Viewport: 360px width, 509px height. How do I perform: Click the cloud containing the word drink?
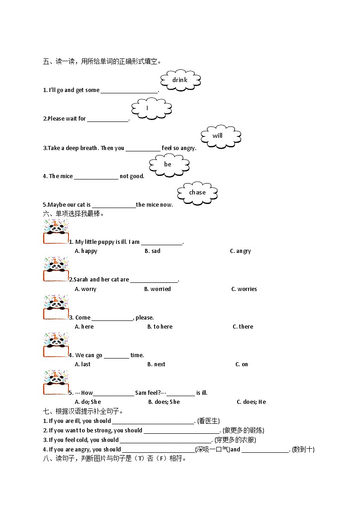[180, 80]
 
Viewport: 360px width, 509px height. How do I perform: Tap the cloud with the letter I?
[151, 108]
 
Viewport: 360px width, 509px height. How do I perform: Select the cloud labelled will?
[220, 136]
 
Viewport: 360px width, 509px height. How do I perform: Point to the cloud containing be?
[169, 164]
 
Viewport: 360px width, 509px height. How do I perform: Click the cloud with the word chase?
[197, 193]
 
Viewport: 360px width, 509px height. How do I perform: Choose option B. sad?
[152, 251]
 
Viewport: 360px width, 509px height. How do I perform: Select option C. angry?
[240, 251]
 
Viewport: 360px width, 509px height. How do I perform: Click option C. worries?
[244, 289]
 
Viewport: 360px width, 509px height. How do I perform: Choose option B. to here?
[160, 327]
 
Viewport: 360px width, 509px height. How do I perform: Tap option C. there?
[243, 327]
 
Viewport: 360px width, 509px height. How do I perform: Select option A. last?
[83, 364]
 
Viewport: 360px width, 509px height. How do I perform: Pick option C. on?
[242, 364]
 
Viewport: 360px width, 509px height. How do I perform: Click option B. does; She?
[164, 402]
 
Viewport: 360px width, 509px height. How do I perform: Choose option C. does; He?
[251, 402]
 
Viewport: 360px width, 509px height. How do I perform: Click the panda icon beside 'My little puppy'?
[55, 232]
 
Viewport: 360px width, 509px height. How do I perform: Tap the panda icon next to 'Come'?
[55, 308]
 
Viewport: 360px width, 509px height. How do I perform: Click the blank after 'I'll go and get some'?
[129, 91]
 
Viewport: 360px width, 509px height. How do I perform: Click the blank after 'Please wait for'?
[108, 119]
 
